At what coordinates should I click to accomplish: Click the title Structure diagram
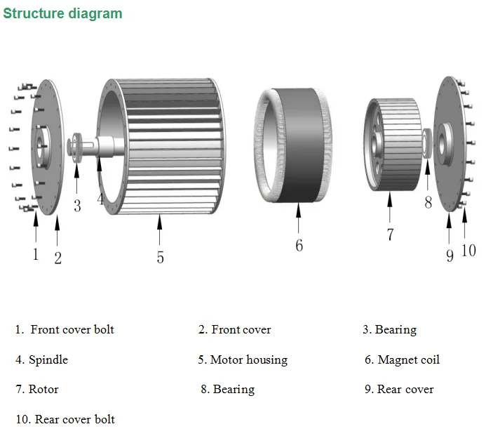[62, 13]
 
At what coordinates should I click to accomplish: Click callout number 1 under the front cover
[36, 253]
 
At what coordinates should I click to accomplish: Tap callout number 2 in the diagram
[58, 258]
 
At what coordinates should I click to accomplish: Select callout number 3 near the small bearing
[77, 206]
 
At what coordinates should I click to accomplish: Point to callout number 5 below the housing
[160, 258]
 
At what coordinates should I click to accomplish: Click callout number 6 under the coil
[299, 246]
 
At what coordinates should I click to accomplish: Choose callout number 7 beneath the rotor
[390, 234]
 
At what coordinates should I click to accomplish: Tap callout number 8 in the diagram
[428, 203]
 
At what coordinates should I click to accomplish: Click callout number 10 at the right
[468, 250]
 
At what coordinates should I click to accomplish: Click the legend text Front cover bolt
[72, 329]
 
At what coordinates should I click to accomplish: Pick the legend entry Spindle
[48, 359]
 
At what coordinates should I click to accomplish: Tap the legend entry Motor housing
[248, 359]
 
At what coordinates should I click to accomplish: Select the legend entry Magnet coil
[408, 359]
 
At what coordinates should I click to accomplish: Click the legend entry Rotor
[43, 389]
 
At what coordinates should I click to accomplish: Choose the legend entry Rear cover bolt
[74, 419]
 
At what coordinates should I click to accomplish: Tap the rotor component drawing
[393, 145]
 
